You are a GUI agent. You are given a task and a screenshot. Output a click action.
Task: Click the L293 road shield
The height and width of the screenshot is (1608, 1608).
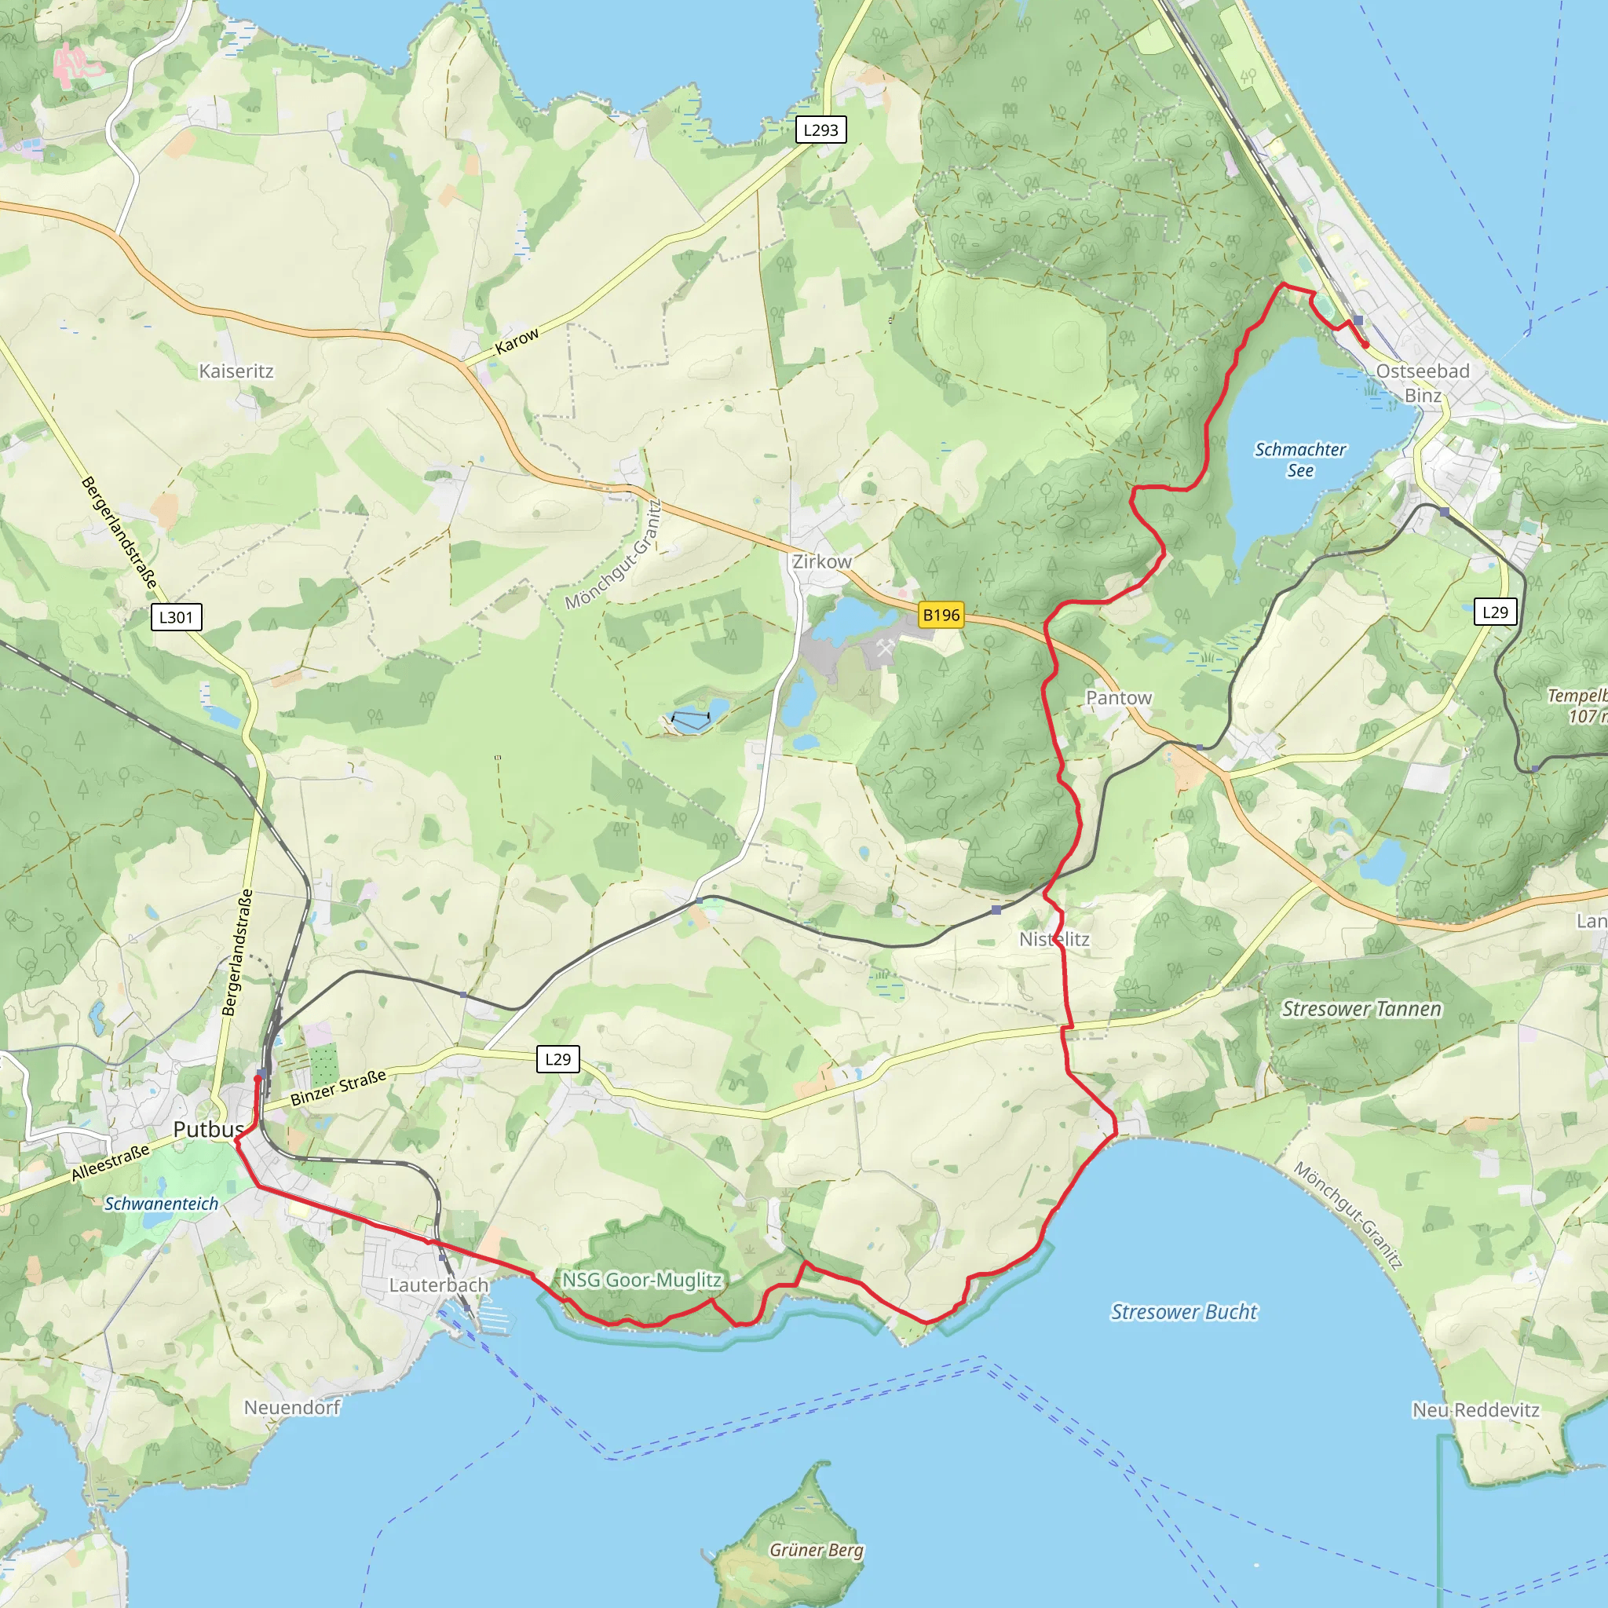click(x=820, y=130)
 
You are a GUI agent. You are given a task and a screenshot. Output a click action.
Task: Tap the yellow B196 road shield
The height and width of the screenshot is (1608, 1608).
click(x=941, y=615)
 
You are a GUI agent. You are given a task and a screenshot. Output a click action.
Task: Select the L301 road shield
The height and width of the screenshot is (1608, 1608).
click(x=176, y=616)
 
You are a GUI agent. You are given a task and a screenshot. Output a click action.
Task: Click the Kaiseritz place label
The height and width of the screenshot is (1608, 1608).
click(x=236, y=371)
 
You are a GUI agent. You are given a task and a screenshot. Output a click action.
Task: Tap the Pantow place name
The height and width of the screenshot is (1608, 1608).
click(x=1119, y=698)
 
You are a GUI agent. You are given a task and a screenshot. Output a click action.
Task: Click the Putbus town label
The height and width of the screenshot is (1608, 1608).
click(x=208, y=1129)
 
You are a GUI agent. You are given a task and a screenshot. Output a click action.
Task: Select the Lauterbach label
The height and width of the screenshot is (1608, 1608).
click(x=439, y=1285)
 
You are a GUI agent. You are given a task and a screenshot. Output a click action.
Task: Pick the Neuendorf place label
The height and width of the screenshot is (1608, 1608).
click(x=292, y=1408)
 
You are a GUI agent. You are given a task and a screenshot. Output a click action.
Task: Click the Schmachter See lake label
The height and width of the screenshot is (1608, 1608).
click(x=1300, y=460)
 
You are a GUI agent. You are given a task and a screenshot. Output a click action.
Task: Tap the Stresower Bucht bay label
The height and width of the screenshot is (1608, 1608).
click(x=1184, y=1313)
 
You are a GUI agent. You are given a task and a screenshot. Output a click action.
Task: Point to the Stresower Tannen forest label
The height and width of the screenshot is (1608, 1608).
click(x=1361, y=1010)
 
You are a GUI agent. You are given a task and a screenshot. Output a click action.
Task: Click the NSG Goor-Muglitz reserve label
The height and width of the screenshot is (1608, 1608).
click(x=641, y=1280)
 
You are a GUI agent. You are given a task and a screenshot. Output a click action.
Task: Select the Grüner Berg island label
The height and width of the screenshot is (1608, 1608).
click(x=817, y=1550)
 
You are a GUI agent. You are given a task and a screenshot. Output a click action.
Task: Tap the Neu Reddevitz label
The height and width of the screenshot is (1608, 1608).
click(x=1475, y=1410)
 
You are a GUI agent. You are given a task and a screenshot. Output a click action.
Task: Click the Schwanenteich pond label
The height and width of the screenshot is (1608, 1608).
click(x=162, y=1204)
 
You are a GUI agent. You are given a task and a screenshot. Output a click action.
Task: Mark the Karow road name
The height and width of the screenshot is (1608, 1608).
click(x=517, y=342)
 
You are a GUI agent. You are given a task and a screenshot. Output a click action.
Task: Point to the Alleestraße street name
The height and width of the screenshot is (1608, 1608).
click(x=111, y=1163)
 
